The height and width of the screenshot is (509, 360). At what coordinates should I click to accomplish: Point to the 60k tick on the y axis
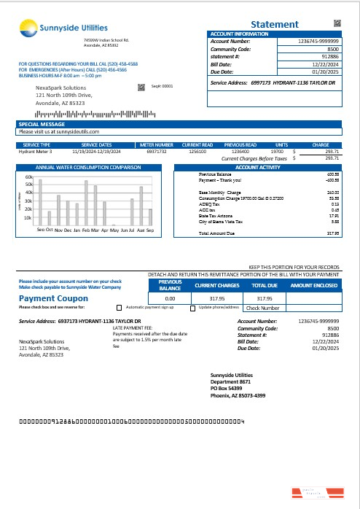pyautogui.click(x=29, y=177)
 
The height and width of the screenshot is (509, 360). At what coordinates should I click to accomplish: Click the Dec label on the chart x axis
pyautogui.click(x=67, y=230)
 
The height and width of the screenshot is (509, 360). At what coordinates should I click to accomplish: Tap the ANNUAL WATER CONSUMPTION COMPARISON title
pyautogui.click(x=89, y=167)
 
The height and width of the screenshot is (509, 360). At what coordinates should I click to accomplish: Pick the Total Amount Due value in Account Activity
pyautogui.click(x=333, y=233)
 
